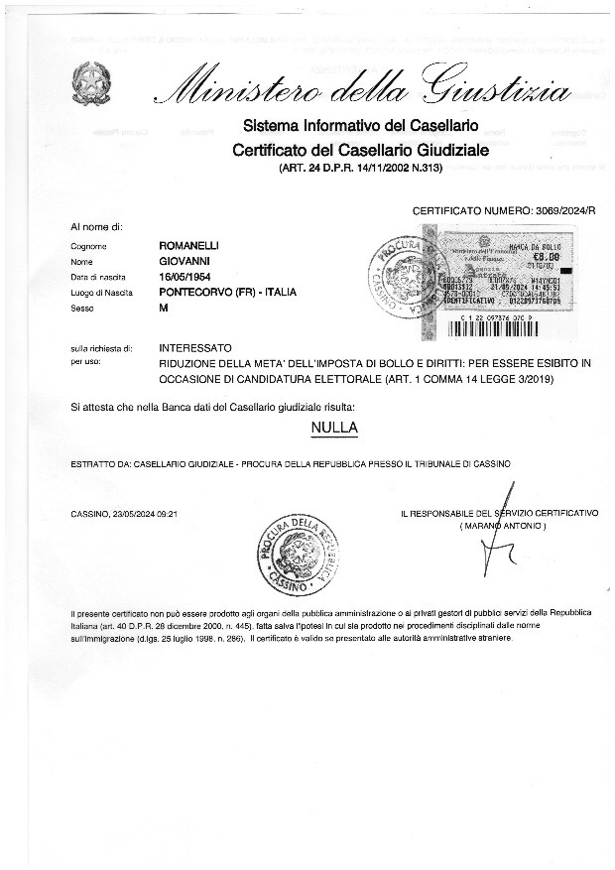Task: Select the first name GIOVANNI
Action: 184,260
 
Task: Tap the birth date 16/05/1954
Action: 187,276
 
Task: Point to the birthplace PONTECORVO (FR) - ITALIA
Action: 227,292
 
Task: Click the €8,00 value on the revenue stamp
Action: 549,257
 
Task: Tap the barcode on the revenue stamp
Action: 516,307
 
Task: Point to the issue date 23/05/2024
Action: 137,514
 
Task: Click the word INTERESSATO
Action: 195,348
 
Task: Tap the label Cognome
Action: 88,245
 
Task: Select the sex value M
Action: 165,309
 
